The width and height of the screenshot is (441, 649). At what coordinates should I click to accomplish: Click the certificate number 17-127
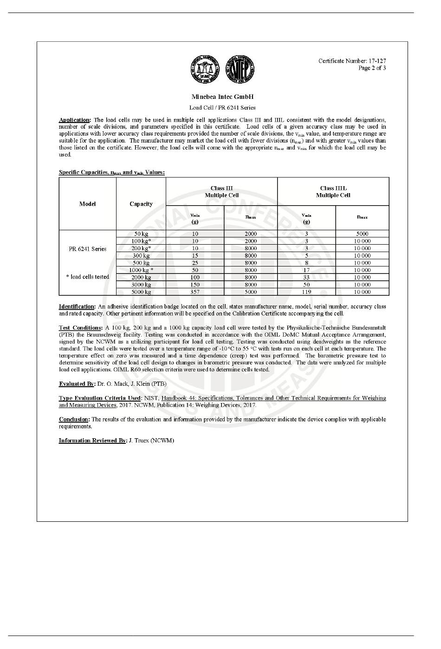click(x=377, y=61)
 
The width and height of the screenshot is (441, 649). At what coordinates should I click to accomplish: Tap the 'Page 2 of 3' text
click(x=372, y=68)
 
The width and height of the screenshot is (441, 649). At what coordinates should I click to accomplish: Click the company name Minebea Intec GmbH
click(x=222, y=97)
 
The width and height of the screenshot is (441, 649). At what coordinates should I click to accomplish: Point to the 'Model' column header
click(x=87, y=204)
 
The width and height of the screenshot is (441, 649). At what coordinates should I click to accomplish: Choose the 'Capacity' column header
click(x=141, y=204)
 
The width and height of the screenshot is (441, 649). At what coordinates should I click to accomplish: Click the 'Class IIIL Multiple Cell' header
click(x=333, y=192)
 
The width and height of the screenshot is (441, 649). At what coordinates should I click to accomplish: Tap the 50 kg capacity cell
click(x=141, y=234)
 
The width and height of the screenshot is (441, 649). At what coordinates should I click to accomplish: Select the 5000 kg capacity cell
click(x=141, y=292)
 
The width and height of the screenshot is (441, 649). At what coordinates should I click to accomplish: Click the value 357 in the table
click(x=195, y=292)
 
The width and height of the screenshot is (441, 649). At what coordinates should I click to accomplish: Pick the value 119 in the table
click(x=306, y=292)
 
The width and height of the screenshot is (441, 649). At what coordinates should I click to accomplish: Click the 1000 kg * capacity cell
click(x=141, y=270)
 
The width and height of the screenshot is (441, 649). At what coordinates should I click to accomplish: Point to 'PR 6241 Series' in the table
click(x=87, y=249)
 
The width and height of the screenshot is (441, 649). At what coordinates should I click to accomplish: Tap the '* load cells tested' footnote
click(x=87, y=277)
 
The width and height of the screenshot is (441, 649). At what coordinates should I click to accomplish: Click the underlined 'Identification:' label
click(x=77, y=307)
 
